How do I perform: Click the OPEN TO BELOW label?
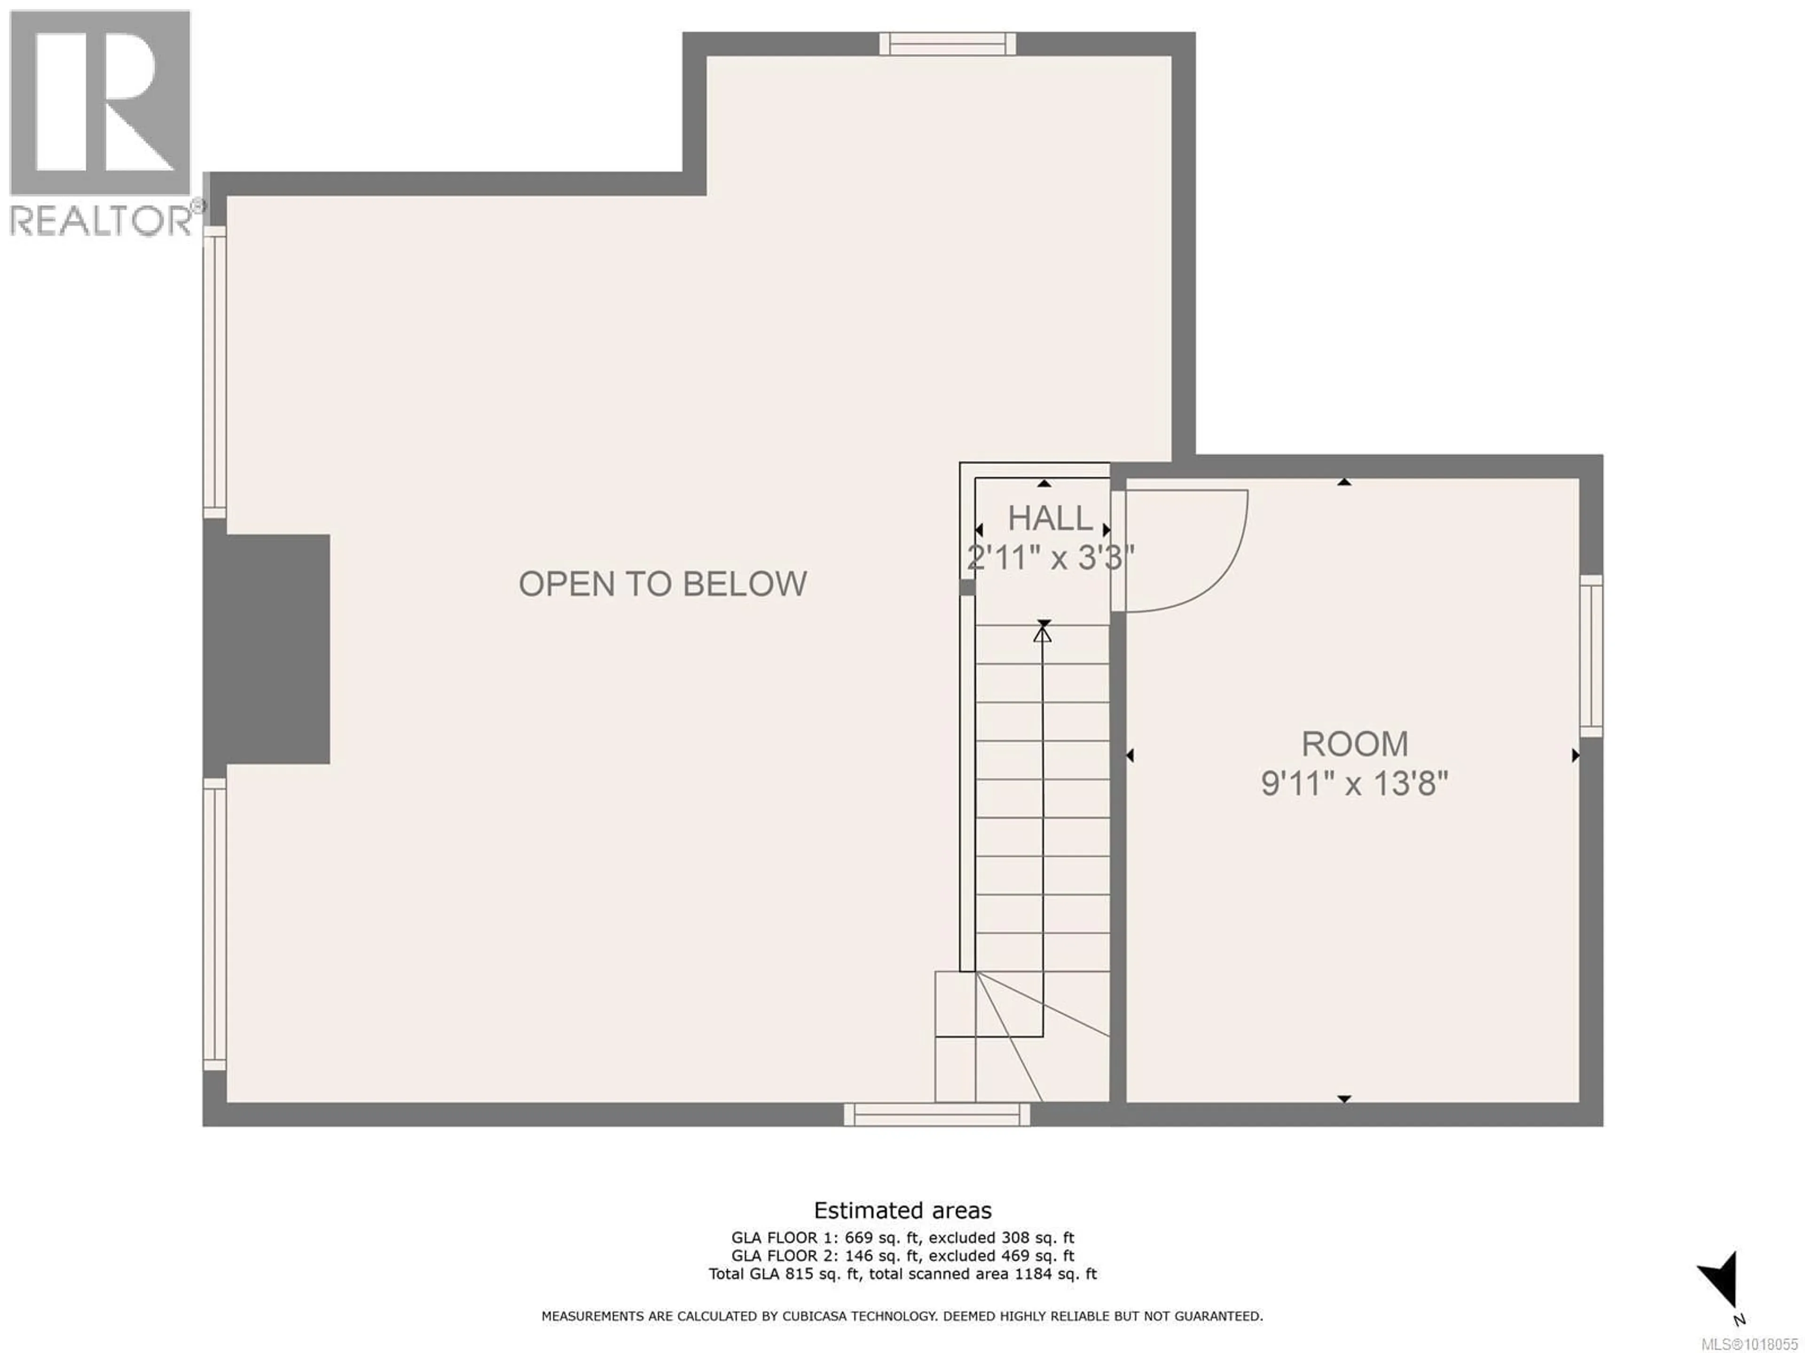coord(663,584)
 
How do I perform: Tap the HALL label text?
coord(1049,519)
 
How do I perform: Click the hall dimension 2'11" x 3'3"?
coord(1050,559)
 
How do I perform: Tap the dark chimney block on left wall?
coord(267,649)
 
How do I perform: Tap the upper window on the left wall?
coord(215,372)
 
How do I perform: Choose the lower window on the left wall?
coord(215,924)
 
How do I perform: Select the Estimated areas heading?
coord(902,1210)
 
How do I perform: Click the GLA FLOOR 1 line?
coord(902,1238)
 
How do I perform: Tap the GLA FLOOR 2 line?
coord(902,1256)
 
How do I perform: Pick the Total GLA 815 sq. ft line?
coord(902,1274)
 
